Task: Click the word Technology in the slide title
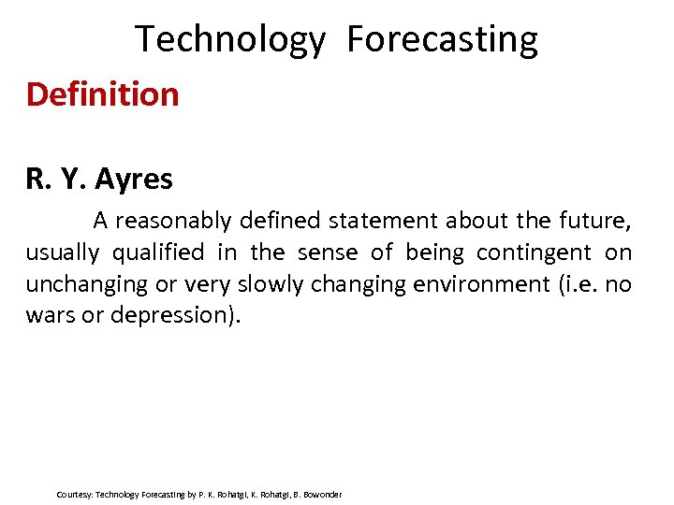229,40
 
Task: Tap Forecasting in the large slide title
442,40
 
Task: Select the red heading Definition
102,94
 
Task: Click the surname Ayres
133,179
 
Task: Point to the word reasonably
172,222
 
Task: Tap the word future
595,221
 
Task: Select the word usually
62,252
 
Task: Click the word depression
172,315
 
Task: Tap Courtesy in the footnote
75,494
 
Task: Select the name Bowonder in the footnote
320,494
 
